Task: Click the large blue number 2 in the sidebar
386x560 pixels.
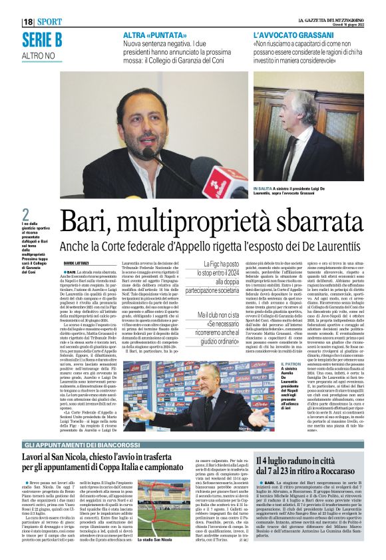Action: (25, 215)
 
